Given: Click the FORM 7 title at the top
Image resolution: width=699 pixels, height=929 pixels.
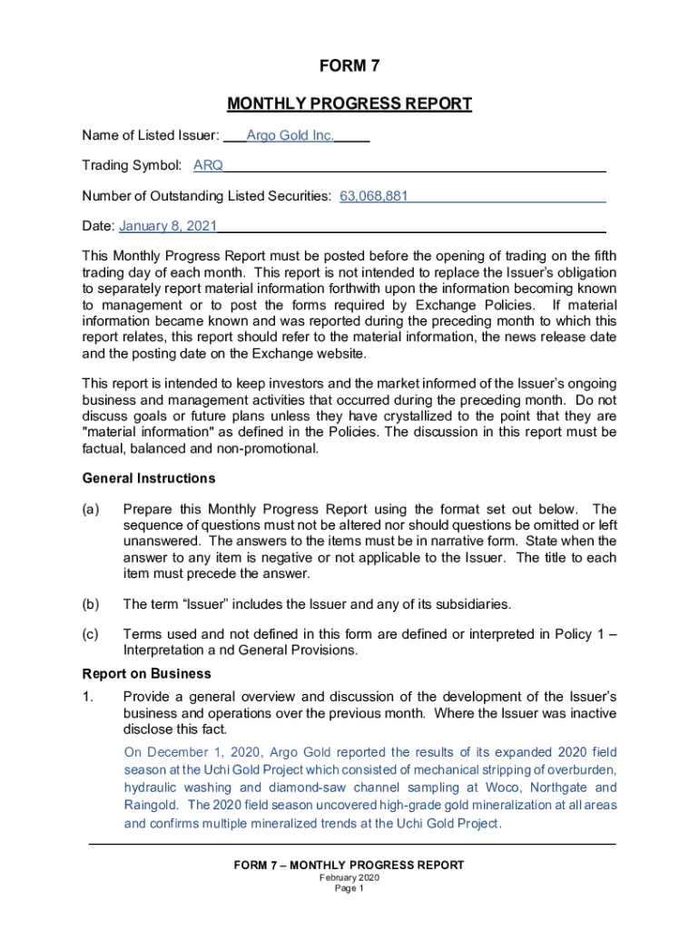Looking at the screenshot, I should tap(349, 65).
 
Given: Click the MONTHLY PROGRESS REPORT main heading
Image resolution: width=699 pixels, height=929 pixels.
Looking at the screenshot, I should tap(349, 103).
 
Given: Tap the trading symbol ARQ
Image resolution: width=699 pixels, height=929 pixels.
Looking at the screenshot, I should tap(208, 165).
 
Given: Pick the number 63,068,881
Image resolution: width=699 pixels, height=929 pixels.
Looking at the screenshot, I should tap(374, 195).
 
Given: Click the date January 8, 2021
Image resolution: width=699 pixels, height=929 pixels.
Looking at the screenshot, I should tap(168, 225).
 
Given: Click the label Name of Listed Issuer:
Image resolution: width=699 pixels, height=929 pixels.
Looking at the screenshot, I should tap(151, 136).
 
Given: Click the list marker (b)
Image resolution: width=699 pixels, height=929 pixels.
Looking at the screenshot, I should tap(91, 603).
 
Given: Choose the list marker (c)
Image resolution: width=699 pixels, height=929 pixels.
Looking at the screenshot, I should tap(91, 634).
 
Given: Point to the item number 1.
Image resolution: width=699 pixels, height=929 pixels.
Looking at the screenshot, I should tap(88, 696).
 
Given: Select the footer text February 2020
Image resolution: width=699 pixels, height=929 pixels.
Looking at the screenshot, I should tap(349, 878).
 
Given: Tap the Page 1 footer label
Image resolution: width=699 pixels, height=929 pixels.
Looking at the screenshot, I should tap(349, 889).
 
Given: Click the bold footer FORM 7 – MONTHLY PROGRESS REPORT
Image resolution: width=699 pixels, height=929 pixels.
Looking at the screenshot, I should tap(349, 865).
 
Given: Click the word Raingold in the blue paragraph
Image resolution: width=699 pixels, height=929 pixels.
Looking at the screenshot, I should tap(150, 805).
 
